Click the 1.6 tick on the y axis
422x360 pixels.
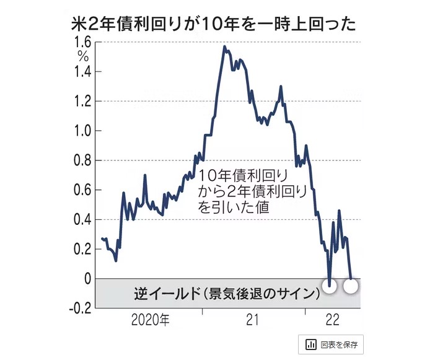(x=82, y=42)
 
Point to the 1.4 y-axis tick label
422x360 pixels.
(x=82, y=72)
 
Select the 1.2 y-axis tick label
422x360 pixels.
(x=82, y=101)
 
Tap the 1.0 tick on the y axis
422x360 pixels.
(x=82, y=131)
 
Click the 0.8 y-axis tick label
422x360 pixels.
(x=82, y=160)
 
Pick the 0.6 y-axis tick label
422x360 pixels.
(x=82, y=190)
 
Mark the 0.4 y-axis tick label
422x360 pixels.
(x=82, y=219)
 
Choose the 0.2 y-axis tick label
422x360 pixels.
(x=82, y=249)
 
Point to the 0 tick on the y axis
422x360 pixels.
(x=87, y=279)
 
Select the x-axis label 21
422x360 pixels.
(x=252, y=321)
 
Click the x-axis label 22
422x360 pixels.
(x=333, y=321)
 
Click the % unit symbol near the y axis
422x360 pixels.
(x=82, y=56)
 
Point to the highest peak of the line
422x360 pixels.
(x=224, y=46)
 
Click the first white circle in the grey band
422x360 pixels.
(x=330, y=286)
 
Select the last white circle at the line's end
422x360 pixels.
(x=351, y=286)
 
